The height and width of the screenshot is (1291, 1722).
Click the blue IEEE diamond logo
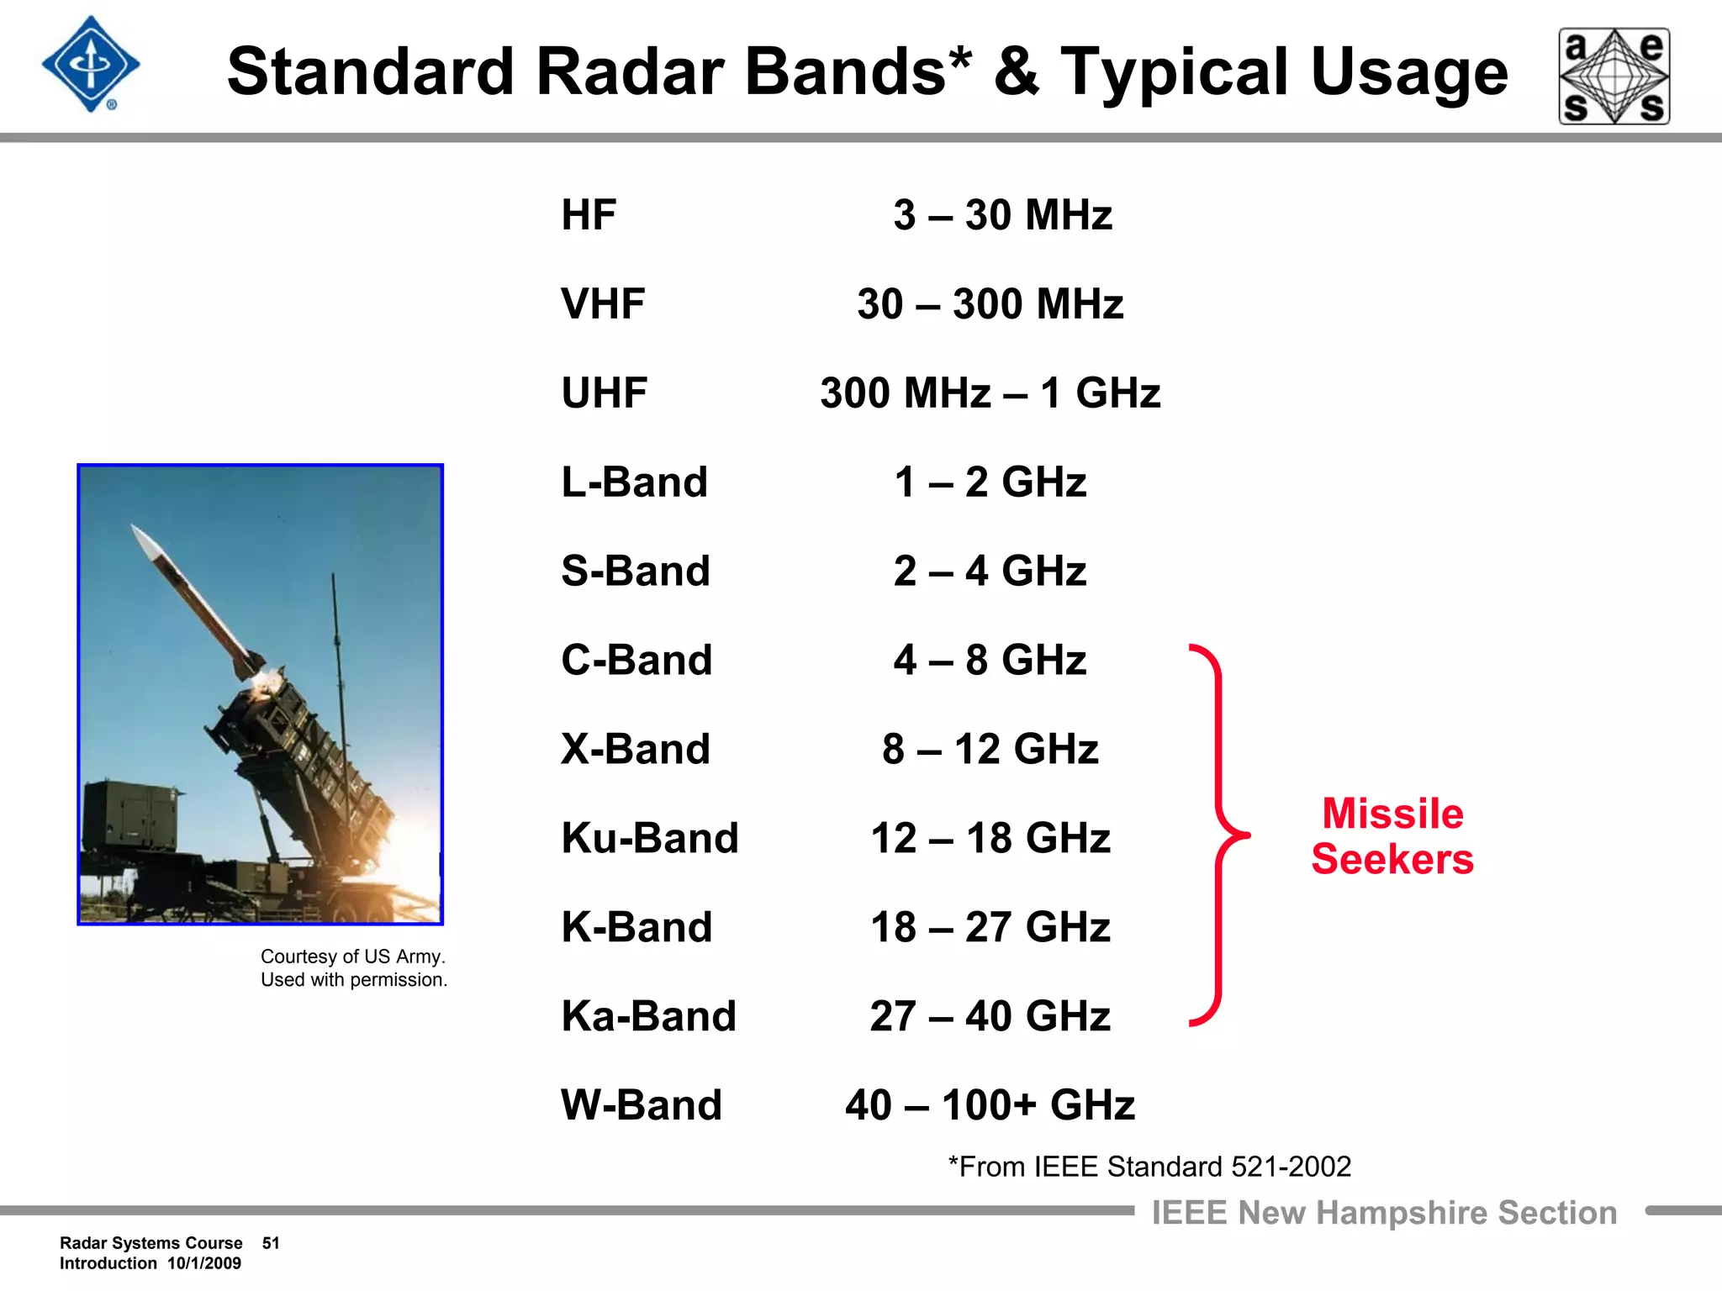pyautogui.click(x=91, y=65)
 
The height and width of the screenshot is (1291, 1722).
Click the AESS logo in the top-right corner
pyautogui.click(x=1614, y=76)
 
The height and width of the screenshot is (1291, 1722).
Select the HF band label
pyautogui.click(x=589, y=215)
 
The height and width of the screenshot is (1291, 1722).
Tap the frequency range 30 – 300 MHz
pyautogui.click(x=990, y=304)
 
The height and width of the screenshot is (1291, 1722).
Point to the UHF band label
pyautogui.click(x=604, y=393)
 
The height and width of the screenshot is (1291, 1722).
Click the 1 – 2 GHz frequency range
pyautogui.click(x=990, y=482)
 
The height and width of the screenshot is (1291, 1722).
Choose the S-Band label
pyautogui.click(x=636, y=572)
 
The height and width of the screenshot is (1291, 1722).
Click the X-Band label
pyautogui.click(x=636, y=749)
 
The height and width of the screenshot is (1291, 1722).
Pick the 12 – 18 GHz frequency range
pyautogui.click(x=990, y=838)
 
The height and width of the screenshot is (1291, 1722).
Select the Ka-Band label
pyautogui.click(x=648, y=1016)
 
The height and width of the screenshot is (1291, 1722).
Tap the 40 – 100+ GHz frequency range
pyautogui.click(x=990, y=1105)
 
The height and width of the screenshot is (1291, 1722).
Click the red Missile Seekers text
pyautogui.click(x=1392, y=836)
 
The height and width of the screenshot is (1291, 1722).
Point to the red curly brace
pyautogui.click(x=1219, y=835)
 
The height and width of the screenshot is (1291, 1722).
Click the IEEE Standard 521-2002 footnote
pyautogui.click(x=1149, y=1167)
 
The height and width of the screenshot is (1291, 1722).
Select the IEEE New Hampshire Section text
pyautogui.click(x=1384, y=1213)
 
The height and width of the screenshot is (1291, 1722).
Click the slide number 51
pyautogui.click(x=271, y=1243)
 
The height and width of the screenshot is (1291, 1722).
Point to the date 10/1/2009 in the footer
pyautogui.click(x=204, y=1263)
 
